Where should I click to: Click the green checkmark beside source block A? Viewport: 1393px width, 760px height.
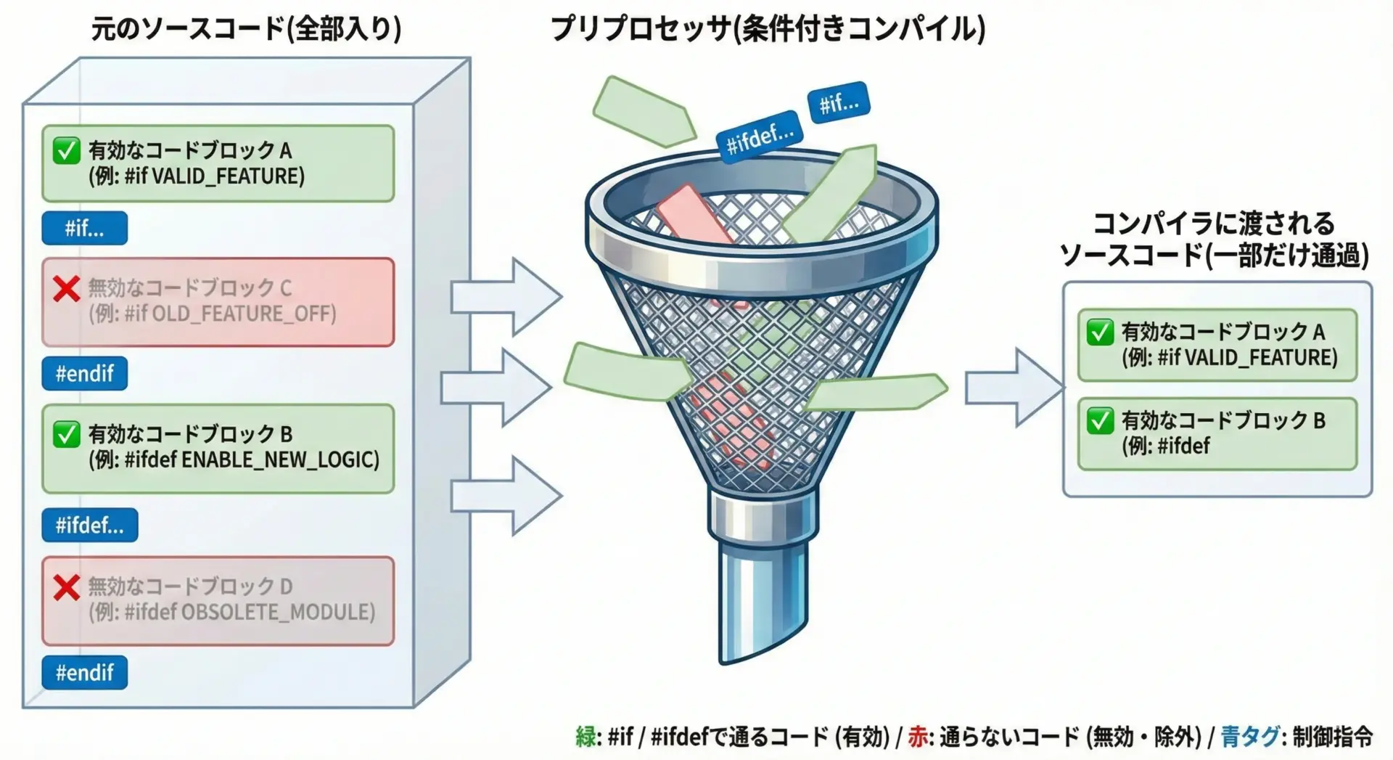(x=66, y=151)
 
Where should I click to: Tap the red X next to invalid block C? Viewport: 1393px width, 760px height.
(x=66, y=289)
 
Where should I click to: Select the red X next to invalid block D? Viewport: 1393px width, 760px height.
(x=66, y=587)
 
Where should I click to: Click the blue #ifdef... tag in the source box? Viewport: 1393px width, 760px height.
(x=89, y=525)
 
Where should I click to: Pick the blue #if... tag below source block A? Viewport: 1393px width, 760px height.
(x=84, y=228)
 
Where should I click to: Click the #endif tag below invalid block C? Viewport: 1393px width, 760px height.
(x=84, y=374)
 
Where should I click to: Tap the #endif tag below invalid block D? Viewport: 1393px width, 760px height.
(x=84, y=673)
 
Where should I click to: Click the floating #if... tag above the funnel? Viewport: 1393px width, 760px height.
(x=839, y=103)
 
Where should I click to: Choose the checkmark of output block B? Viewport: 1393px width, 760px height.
(x=1100, y=421)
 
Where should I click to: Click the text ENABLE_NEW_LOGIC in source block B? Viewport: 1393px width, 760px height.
(x=280, y=460)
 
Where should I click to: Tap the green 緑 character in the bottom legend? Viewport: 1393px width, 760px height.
(x=585, y=737)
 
